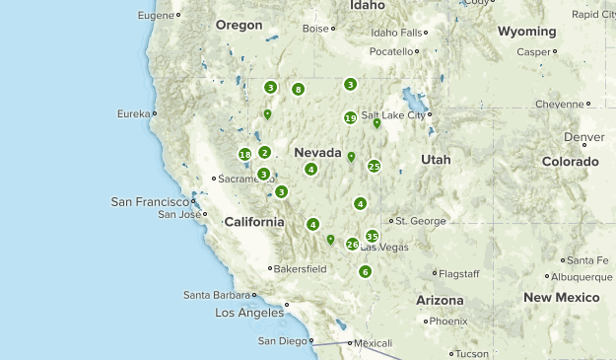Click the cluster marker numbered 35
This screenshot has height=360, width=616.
click(x=372, y=236)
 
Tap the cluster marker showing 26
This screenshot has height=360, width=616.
click(x=352, y=244)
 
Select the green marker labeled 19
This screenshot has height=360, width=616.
click(x=350, y=118)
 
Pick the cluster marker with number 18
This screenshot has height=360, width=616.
click(x=244, y=154)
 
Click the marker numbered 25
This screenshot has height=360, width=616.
click(x=374, y=166)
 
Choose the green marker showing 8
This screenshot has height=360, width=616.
click(x=298, y=89)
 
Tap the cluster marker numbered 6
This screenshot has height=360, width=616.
click(x=365, y=271)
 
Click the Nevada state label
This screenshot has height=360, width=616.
click(x=317, y=152)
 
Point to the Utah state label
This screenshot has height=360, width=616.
click(x=435, y=159)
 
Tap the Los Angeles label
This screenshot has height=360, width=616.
click(x=248, y=313)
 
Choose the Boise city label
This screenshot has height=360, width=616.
click(x=315, y=29)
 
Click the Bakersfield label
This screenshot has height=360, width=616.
click(x=301, y=268)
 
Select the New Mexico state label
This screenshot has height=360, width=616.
click(x=562, y=297)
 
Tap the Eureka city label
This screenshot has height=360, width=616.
click(x=133, y=114)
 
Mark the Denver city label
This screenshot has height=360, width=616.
click(x=584, y=137)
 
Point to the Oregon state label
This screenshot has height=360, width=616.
click(x=239, y=25)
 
